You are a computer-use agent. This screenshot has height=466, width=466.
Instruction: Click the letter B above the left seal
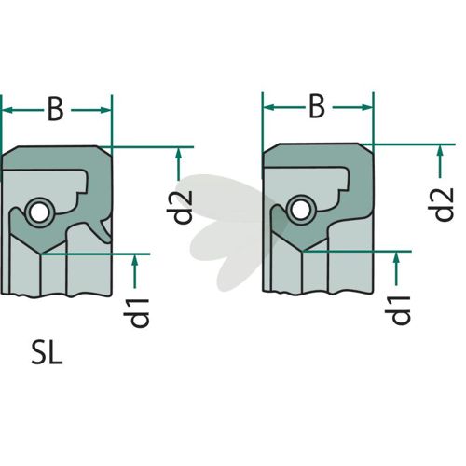click(55, 109)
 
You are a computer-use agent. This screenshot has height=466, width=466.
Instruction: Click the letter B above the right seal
click(317, 106)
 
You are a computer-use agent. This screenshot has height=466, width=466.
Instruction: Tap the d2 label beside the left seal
click(180, 207)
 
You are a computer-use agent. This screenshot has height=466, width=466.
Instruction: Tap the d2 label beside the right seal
click(441, 205)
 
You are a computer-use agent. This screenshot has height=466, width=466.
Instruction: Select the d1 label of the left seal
click(137, 313)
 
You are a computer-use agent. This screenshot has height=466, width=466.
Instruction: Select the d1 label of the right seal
click(398, 310)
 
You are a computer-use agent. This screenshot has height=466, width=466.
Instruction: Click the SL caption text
click(48, 353)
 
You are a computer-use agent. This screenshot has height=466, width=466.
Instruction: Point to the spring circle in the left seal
click(38, 213)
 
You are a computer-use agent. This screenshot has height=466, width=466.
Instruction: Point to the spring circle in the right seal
click(299, 211)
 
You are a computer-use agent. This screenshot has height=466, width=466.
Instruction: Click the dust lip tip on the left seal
click(107, 240)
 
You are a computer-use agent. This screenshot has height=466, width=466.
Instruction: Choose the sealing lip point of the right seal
click(303, 251)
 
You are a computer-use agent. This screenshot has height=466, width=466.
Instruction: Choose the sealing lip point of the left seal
click(42, 254)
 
